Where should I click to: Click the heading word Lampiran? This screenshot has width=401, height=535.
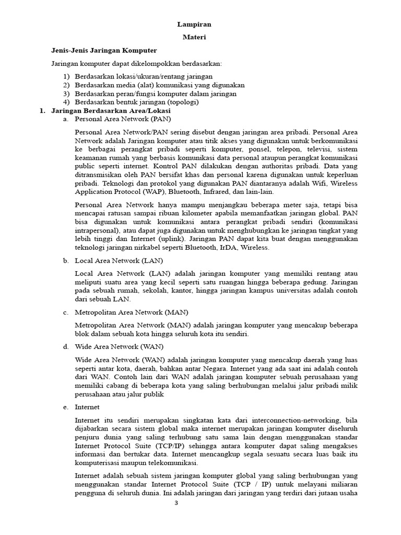[194, 24]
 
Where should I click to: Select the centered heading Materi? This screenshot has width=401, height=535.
[194, 37]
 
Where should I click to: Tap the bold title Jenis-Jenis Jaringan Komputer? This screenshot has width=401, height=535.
[104, 50]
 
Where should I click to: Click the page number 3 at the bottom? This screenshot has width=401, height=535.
[176, 503]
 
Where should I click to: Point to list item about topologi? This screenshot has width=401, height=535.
[136, 102]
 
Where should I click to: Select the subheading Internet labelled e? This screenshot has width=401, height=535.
[87, 406]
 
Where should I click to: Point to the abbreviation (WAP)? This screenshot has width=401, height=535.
[150, 192]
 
